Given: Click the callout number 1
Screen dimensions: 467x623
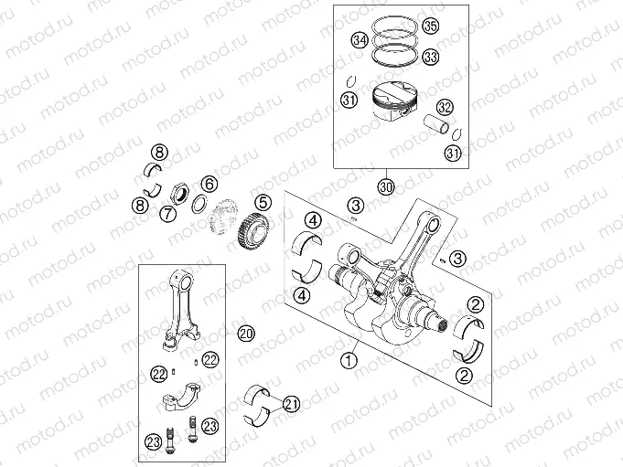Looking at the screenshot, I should (x=347, y=360).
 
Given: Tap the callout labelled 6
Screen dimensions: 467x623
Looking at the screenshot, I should (x=209, y=184).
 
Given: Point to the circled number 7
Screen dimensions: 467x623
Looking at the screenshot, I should (x=168, y=214).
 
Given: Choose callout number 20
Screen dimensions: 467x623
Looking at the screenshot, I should (x=244, y=332).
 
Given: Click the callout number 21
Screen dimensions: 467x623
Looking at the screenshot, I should (x=291, y=403).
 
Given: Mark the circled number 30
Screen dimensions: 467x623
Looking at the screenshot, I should (x=386, y=186).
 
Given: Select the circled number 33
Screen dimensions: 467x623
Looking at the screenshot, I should (x=431, y=57).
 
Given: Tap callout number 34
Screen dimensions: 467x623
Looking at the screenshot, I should (x=360, y=40).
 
